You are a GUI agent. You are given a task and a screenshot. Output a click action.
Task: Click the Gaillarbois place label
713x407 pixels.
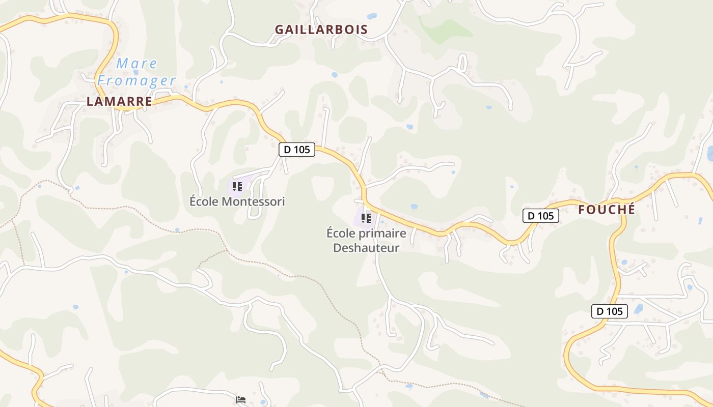pos(321,30)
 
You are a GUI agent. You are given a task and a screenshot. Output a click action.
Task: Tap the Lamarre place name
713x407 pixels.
pos(119,102)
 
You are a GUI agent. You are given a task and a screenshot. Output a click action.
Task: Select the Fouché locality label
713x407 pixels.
pos(607,210)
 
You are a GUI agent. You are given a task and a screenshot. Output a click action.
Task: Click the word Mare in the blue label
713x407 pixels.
pos(137,64)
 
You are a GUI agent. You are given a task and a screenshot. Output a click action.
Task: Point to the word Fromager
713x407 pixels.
pos(136,80)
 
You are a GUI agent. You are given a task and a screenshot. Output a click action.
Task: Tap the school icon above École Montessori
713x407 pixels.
pos(237,187)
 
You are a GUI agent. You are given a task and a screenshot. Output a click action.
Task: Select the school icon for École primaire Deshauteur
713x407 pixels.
pos(366,218)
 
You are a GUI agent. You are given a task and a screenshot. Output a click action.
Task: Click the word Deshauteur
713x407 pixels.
pos(366,248)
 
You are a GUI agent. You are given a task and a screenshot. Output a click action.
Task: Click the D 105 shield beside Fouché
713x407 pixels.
pos(541,216)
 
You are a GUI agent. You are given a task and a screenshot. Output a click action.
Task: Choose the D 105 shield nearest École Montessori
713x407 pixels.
pos(297,150)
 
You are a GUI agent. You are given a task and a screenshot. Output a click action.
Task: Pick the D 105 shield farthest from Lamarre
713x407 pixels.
pos(609,311)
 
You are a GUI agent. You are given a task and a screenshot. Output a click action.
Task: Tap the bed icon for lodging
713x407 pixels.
pos(241,400)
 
